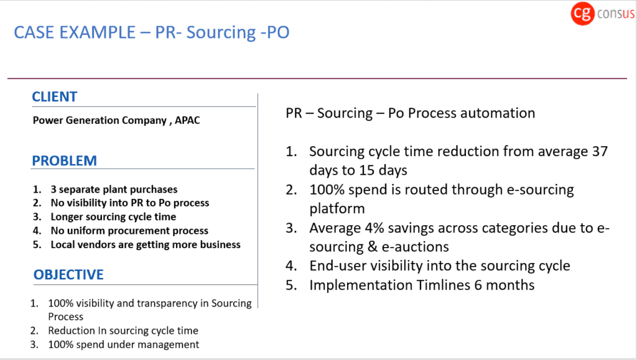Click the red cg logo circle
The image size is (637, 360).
pyautogui.click(x=582, y=14)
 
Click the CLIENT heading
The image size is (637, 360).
pyautogui.click(x=55, y=96)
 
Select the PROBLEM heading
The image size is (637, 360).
pyautogui.click(x=64, y=160)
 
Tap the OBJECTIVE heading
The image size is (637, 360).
pyautogui.click(x=68, y=275)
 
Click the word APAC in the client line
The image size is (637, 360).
pyautogui.click(x=187, y=121)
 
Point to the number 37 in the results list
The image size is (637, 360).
pyautogui.click(x=600, y=151)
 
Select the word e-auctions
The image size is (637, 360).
pyautogui.click(x=415, y=247)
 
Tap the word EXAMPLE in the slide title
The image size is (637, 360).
pyautogui.click(x=97, y=32)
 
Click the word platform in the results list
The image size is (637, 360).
pyautogui.click(x=337, y=209)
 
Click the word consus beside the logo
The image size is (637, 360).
pyautogui.click(x=615, y=14)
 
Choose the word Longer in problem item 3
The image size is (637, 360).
pyautogui.click(x=66, y=217)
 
